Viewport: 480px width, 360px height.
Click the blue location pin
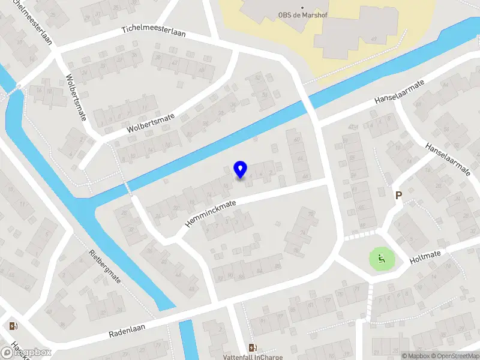[240, 170]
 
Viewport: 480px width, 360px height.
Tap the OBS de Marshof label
[302, 16]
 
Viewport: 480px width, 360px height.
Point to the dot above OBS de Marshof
[302, 7]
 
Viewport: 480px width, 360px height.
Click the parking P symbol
[398, 195]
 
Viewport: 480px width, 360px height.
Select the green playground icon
[381, 259]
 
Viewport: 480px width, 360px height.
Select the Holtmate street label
[425, 258]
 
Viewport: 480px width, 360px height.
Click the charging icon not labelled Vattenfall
[13, 326]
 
